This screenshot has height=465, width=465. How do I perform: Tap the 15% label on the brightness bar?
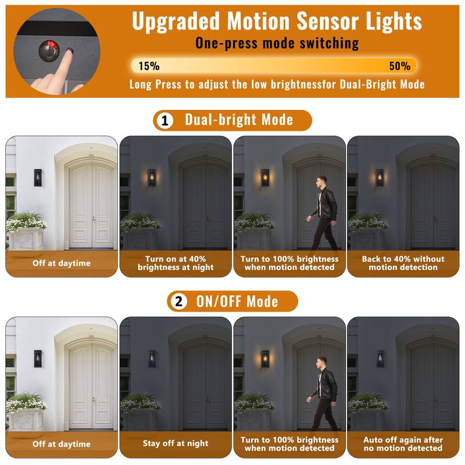(x=149, y=66)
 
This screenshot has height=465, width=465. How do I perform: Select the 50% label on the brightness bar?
(x=399, y=66)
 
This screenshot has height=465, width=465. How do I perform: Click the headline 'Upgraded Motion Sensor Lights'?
(x=277, y=21)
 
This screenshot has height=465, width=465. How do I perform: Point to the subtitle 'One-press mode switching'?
(x=277, y=43)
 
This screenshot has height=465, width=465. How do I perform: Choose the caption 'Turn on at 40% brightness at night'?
(x=176, y=263)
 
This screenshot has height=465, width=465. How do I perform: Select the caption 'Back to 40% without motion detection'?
(x=403, y=263)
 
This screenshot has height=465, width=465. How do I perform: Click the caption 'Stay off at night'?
(x=176, y=444)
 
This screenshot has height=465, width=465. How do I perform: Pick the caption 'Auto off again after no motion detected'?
(x=403, y=444)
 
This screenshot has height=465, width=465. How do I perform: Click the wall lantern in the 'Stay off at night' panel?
(x=152, y=359)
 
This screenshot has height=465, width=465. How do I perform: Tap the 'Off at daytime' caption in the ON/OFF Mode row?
(x=62, y=444)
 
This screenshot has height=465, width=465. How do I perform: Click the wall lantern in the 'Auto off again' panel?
(x=380, y=359)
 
